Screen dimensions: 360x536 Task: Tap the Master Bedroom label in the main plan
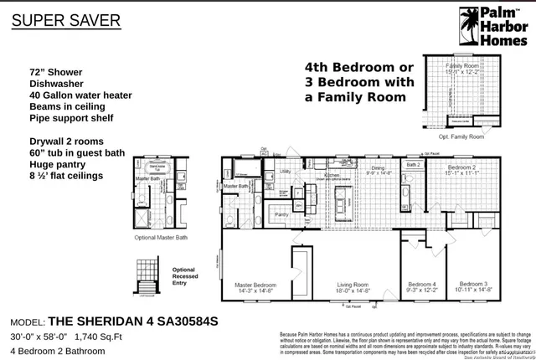tap(255, 286)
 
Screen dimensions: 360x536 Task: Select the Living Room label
tap(351, 286)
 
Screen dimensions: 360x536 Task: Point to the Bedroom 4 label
tap(422, 286)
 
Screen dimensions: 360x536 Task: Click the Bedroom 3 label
tap(474, 286)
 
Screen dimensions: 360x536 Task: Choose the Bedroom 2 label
tap(462, 169)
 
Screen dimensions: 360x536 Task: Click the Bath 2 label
tap(412, 166)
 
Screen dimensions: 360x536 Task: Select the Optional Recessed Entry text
tap(183, 275)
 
